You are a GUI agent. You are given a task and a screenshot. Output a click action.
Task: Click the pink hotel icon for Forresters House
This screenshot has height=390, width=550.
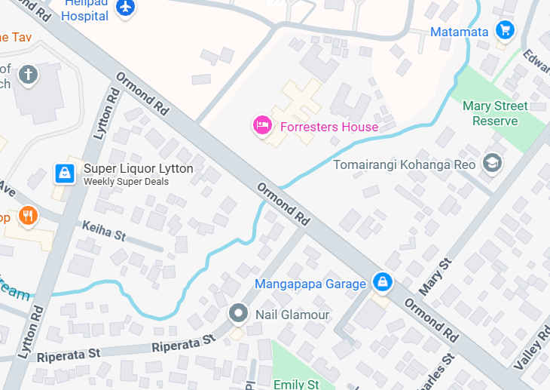tap(262, 126)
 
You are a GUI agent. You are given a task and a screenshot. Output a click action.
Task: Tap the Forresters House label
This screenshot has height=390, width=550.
tap(329, 127)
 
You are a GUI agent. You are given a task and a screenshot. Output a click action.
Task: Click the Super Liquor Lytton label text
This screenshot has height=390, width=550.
tap(138, 168)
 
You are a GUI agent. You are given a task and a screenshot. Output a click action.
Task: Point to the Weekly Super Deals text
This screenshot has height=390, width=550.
tap(126, 182)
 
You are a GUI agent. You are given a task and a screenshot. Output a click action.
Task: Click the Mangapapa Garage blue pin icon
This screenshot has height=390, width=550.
tap(383, 282)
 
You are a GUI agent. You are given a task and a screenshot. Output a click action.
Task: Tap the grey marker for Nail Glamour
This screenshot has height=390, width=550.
tap(239, 313)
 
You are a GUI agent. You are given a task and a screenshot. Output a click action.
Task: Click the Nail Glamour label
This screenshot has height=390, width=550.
tap(292, 314)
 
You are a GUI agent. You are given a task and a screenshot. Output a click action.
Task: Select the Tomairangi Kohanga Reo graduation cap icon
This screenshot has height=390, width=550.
tap(492, 163)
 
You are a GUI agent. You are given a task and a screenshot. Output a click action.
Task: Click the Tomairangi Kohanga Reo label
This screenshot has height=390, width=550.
tap(407, 164)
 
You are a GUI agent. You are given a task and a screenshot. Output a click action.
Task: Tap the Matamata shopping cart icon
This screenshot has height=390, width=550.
tap(505, 31)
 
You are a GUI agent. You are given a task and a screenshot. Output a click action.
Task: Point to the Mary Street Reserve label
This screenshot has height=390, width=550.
tap(495, 113)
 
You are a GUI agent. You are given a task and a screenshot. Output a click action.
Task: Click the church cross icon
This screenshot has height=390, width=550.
tap(28, 74)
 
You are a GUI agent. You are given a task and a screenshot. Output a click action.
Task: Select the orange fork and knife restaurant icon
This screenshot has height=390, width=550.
tap(28, 216)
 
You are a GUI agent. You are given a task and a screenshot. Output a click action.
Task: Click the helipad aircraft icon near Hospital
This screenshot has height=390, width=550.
tap(125, 8)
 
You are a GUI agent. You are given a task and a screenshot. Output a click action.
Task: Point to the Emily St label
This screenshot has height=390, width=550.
tap(295, 384)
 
